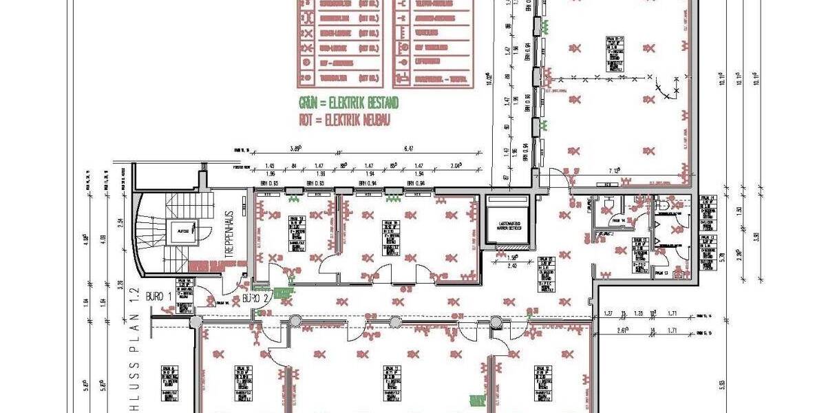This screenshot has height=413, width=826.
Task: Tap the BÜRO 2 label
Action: click(249, 299)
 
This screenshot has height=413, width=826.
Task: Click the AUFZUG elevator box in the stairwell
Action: click(183, 232)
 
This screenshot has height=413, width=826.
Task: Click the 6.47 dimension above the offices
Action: click(409, 148)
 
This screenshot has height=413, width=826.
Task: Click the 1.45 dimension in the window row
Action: click(270, 166)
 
